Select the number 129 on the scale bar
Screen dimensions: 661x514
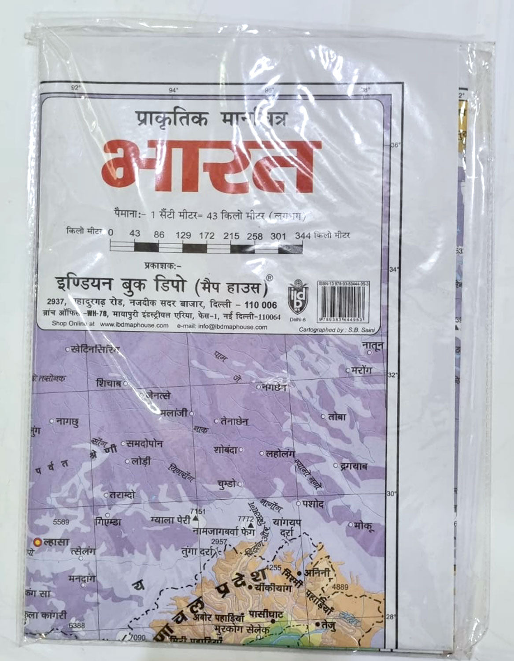click(183, 235)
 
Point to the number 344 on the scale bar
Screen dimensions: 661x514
click(302, 236)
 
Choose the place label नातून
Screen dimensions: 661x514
click(372, 346)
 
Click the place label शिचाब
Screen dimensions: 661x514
click(108, 383)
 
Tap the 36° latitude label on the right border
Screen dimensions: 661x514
click(396, 146)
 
